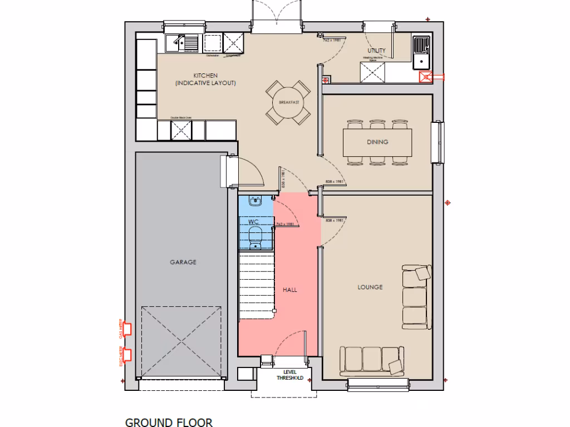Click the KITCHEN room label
[x=205, y=76]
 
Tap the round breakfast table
[x=288, y=103]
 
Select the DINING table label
[x=377, y=142]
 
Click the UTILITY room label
[x=376, y=51]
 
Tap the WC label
[x=254, y=222]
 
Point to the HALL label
[x=289, y=290]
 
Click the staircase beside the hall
[x=257, y=284]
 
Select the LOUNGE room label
[x=370, y=287]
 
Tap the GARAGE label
[x=183, y=262]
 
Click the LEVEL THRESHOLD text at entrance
[x=290, y=375]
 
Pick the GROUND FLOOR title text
[x=169, y=423]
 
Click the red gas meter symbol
[x=127, y=330]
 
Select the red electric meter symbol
[x=127, y=354]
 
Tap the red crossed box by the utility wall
[x=427, y=78]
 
